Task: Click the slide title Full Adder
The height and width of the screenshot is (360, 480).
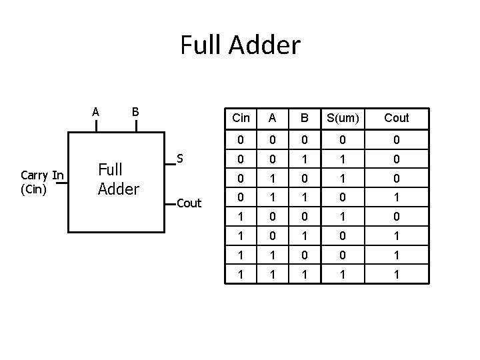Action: pos(240,46)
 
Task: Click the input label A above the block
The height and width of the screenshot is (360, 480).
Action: pos(96,111)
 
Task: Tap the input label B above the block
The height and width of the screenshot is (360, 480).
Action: pos(135,111)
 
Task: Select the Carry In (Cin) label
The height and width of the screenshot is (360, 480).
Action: pos(42,181)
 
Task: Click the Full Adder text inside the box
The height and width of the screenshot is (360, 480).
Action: pos(118,179)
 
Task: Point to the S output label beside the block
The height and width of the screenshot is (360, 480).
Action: pos(180,159)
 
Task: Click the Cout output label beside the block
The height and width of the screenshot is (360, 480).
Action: pos(189,203)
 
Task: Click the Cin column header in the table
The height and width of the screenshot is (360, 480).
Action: pos(241,118)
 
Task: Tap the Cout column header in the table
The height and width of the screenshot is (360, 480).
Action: pos(397,118)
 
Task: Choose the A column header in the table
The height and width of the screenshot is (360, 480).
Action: pos(271,118)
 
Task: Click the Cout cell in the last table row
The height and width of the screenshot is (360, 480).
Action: pos(397,273)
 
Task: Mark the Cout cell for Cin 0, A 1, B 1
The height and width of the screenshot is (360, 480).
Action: pos(397,198)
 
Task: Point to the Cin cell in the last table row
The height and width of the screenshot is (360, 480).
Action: pos(241,273)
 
